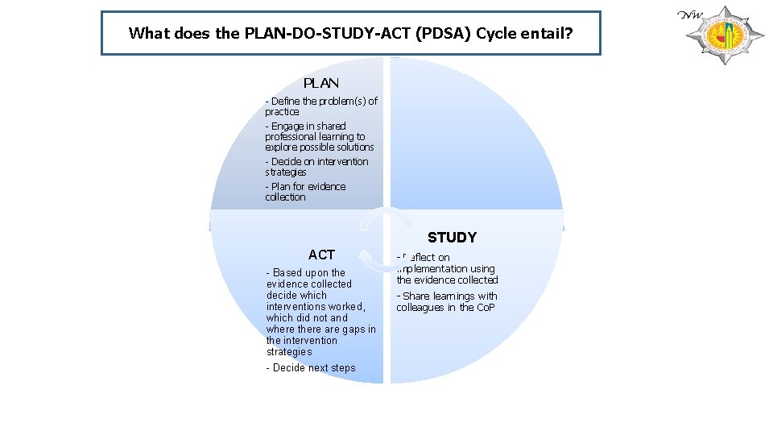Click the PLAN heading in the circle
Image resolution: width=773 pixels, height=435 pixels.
click(320, 83)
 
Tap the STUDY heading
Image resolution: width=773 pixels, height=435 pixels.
click(452, 238)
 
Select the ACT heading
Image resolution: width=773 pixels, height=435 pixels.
click(321, 255)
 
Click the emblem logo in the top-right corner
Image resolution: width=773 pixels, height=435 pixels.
click(717, 35)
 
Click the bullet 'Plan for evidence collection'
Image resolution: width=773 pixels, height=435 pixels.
click(305, 192)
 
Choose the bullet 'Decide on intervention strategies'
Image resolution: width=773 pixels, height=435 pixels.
click(316, 167)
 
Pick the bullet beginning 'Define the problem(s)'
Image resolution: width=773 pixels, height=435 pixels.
click(320, 106)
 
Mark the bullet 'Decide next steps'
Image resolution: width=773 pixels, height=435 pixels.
click(311, 368)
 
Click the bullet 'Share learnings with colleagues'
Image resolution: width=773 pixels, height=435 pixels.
click(446, 302)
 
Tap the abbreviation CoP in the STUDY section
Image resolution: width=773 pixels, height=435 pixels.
click(486, 308)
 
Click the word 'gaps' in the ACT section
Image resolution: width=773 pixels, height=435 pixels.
click(350, 329)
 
